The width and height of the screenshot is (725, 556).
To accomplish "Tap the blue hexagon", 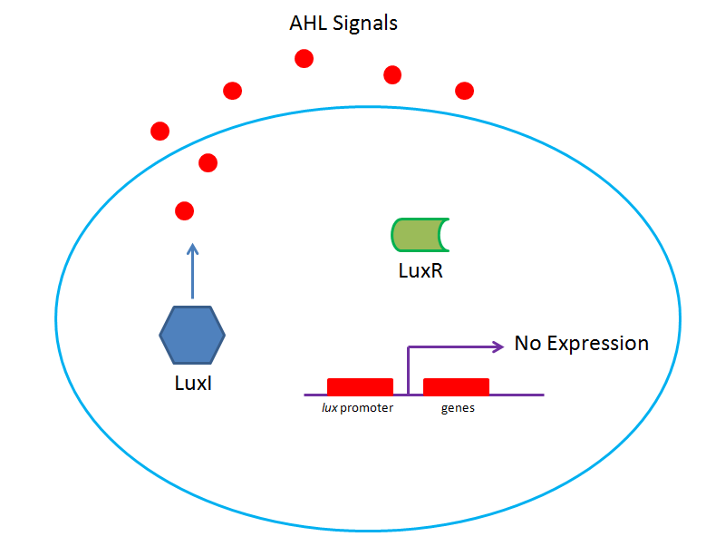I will [x=192, y=335].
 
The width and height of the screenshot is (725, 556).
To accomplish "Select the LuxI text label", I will [x=192, y=383].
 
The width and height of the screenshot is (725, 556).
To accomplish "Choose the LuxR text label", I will [x=420, y=270].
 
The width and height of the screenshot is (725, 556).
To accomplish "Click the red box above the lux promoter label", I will [x=360, y=387].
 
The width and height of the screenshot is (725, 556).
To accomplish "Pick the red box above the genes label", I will [x=457, y=387].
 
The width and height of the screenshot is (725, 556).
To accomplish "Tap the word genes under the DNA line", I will [x=458, y=408].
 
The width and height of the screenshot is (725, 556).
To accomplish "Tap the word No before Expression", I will [x=527, y=344].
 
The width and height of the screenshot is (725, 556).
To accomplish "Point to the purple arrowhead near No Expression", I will [x=498, y=346].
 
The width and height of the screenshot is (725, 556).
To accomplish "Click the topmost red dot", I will [x=304, y=59].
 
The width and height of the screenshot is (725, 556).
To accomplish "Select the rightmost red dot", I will [x=465, y=90].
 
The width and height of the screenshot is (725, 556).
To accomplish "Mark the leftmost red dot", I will [x=160, y=131].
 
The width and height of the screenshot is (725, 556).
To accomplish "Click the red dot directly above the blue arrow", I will [x=184, y=211].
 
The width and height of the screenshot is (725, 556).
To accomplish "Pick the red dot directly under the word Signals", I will [x=392, y=73].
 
